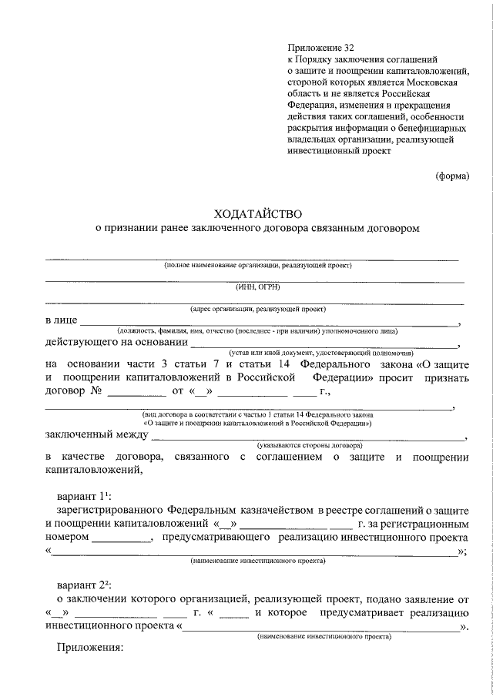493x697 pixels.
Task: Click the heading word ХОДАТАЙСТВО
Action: click(x=257, y=213)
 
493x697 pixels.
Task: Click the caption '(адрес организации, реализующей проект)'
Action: click(x=257, y=310)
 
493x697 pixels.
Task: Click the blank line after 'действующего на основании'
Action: click(x=324, y=343)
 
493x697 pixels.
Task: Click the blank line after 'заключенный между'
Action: click(x=308, y=437)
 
